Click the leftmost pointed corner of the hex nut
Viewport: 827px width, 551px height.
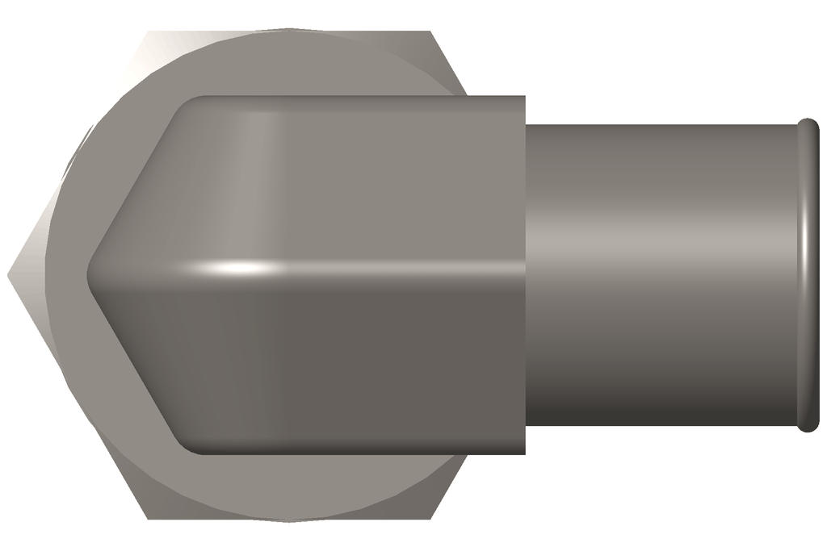9,275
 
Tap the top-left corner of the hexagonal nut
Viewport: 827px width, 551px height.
148,32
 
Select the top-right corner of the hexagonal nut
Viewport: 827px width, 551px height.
430,32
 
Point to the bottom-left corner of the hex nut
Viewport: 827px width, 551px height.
148,518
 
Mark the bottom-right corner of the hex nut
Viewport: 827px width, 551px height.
430,518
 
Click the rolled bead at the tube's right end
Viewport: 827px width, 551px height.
808,274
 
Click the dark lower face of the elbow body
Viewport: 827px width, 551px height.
339,363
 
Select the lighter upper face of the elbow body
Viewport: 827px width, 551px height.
339,177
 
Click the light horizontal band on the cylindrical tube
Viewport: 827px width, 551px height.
662,242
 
